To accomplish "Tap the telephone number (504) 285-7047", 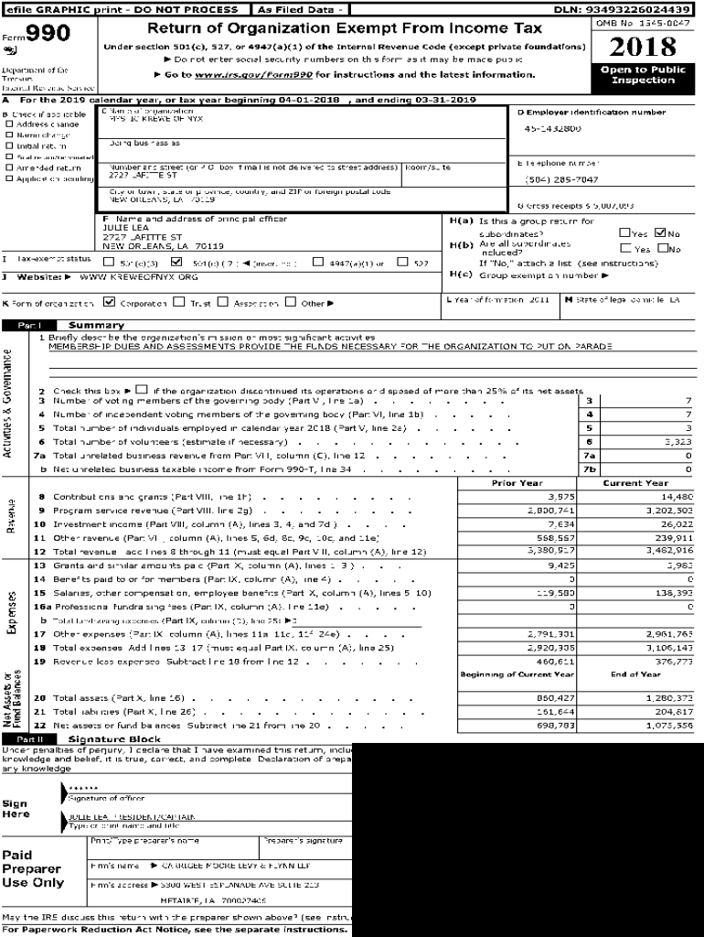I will tap(561, 179).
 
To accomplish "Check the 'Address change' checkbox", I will tap(10, 124).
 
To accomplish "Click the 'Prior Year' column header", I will tap(517, 483).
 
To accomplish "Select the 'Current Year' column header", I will tap(635, 483).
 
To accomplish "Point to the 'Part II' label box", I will tap(30, 738).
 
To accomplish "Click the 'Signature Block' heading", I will tap(114, 738).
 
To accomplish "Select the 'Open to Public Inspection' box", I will tap(643, 75).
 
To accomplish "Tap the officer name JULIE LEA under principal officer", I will tap(121, 228).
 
